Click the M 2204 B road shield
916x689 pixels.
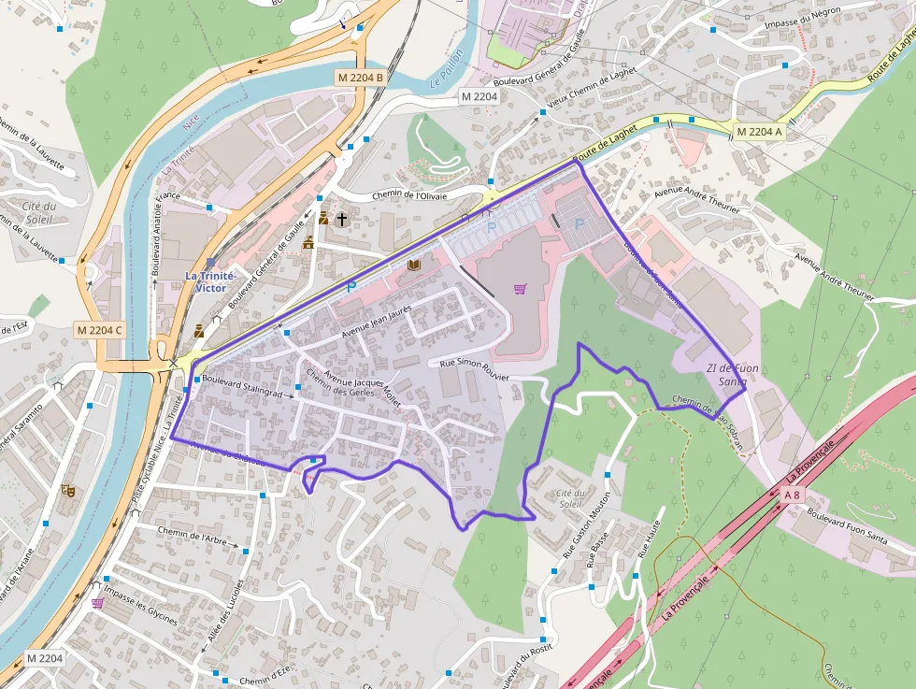point(360,77)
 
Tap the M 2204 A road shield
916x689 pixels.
point(758,132)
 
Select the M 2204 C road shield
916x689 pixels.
point(101,329)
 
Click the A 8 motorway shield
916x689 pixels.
point(793,494)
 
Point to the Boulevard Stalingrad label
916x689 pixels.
point(241,387)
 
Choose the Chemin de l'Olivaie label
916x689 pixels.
point(409,195)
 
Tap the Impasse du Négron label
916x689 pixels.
point(803,14)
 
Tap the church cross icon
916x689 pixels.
point(342,220)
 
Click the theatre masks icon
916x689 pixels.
point(67,489)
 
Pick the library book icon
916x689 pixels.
point(414,266)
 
